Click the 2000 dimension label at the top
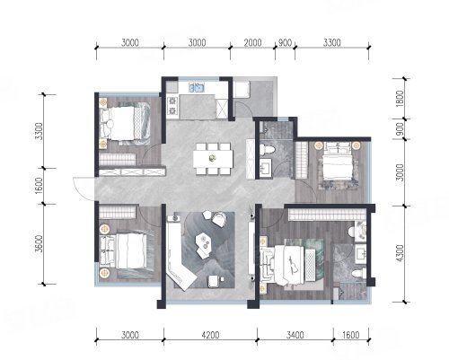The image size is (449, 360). [x=252, y=43]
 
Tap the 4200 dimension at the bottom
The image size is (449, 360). [x=210, y=335]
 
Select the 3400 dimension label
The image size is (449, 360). [x=295, y=335]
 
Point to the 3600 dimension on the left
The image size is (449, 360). [x=39, y=243]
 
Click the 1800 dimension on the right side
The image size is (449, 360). [x=400, y=99]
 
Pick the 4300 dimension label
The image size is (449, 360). [x=400, y=253]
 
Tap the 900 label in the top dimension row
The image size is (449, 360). [x=285, y=43]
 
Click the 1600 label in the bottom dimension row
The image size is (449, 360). [x=350, y=335]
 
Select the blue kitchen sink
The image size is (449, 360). [x=197, y=88]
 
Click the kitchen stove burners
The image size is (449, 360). [x=172, y=106]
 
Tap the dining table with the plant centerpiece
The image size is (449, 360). [x=213, y=159]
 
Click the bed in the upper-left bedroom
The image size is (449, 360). [x=124, y=123]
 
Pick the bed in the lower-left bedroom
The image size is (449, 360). [x=125, y=250]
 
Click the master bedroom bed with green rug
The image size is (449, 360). [x=287, y=264]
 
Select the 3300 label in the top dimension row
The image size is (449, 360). [x=331, y=43]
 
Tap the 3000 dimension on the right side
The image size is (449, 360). [x=400, y=172]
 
